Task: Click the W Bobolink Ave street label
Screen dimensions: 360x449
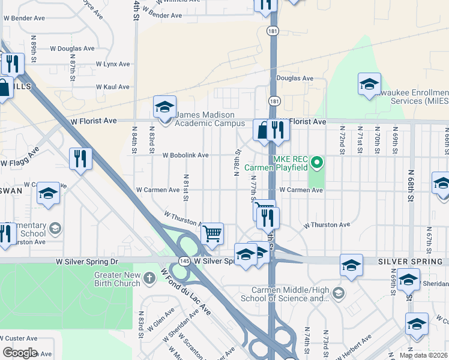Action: click(185, 155)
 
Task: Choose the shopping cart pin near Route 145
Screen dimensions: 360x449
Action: click(212, 233)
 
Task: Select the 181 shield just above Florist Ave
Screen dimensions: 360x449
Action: click(273, 101)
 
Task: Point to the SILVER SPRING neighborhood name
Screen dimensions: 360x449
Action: click(412, 262)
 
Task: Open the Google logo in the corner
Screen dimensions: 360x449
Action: click(20, 353)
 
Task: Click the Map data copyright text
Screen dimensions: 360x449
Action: click(423, 355)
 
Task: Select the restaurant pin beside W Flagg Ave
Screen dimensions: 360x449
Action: click(80, 159)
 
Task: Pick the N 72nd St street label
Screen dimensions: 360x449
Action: click(342, 139)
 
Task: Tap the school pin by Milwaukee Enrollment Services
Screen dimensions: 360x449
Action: click(369, 84)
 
